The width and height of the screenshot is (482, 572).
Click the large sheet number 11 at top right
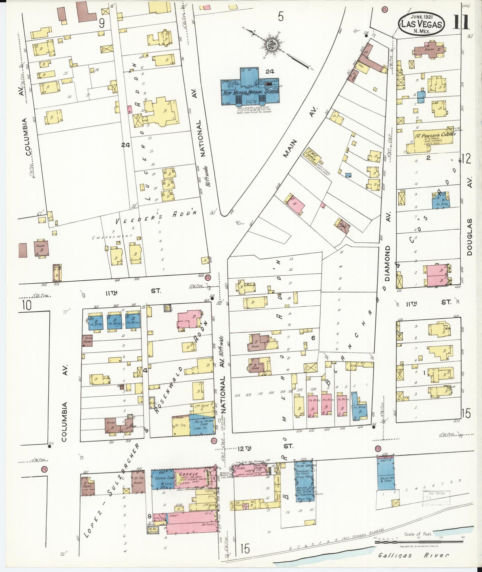pos(461,22)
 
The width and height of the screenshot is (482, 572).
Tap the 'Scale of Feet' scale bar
pos(418,543)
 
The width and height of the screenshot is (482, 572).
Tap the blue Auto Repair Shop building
pos(202,424)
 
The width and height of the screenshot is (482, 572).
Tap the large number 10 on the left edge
pos(27,305)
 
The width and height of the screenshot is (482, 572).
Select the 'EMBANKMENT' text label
pos(112,237)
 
